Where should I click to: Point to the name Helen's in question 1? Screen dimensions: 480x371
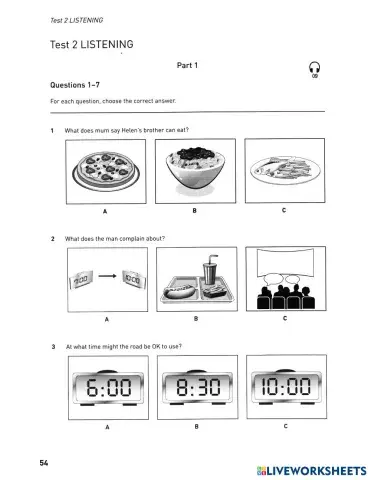pos(133,131)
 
